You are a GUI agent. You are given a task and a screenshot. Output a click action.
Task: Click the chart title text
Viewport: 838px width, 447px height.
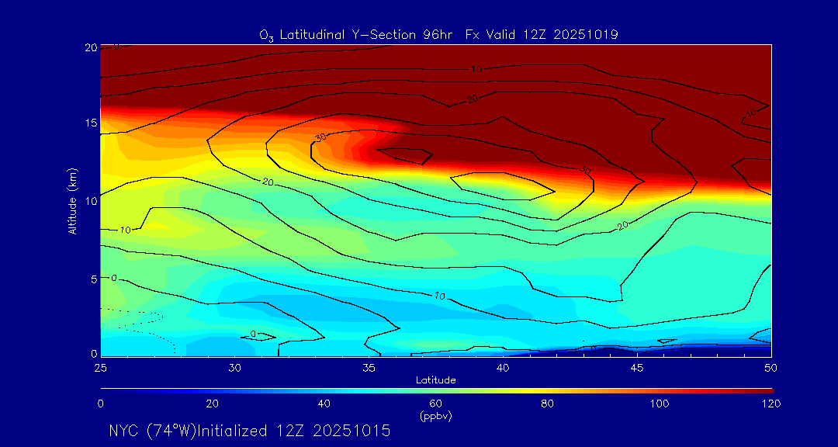pos(438,34)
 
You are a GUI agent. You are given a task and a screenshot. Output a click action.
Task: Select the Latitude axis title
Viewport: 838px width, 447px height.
pos(435,379)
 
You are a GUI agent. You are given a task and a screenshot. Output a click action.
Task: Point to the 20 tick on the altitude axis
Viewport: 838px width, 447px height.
pos(90,47)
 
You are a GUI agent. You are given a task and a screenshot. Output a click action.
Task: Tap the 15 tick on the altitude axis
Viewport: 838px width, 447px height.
pos(90,124)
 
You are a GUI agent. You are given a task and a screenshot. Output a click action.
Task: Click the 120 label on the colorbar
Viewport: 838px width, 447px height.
pos(771,404)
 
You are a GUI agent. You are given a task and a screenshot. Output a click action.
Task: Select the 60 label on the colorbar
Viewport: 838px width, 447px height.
pos(436,404)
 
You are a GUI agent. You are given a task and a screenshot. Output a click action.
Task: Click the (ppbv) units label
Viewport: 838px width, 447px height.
pos(436,416)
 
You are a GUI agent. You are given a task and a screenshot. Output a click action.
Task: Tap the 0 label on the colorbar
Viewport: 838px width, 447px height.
pos(101,404)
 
